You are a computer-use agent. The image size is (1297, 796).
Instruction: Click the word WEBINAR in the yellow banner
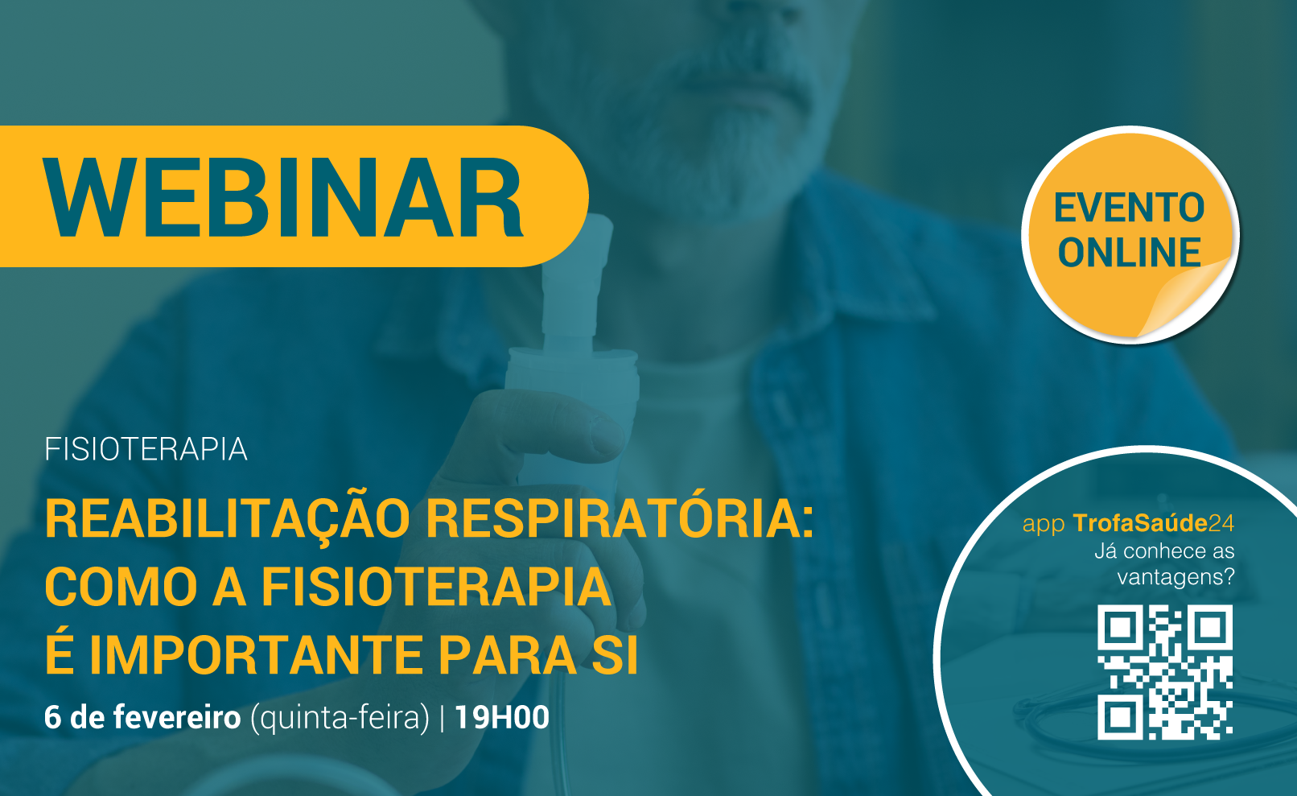coord(283,197)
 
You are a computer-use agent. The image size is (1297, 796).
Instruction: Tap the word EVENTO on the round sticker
coord(1129,208)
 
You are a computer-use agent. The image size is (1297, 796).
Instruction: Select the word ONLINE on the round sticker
coord(1129,252)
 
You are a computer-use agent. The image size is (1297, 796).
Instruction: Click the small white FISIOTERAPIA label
coord(146,449)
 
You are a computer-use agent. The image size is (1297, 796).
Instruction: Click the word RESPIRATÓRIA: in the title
coord(620,518)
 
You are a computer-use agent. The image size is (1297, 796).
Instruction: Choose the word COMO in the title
coord(121,587)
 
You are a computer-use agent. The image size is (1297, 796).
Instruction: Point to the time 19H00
coord(502,717)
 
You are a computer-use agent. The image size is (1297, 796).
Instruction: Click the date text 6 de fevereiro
coord(142,717)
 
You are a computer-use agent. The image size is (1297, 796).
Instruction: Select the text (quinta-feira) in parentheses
coord(340,719)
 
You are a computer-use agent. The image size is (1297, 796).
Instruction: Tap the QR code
coord(1165,672)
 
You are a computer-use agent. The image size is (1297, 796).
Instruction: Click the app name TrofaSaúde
coord(1140,523)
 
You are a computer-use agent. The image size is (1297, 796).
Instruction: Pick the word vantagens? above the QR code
coord(1176,577)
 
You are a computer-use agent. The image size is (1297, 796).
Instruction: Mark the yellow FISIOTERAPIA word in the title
coord(437,587)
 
